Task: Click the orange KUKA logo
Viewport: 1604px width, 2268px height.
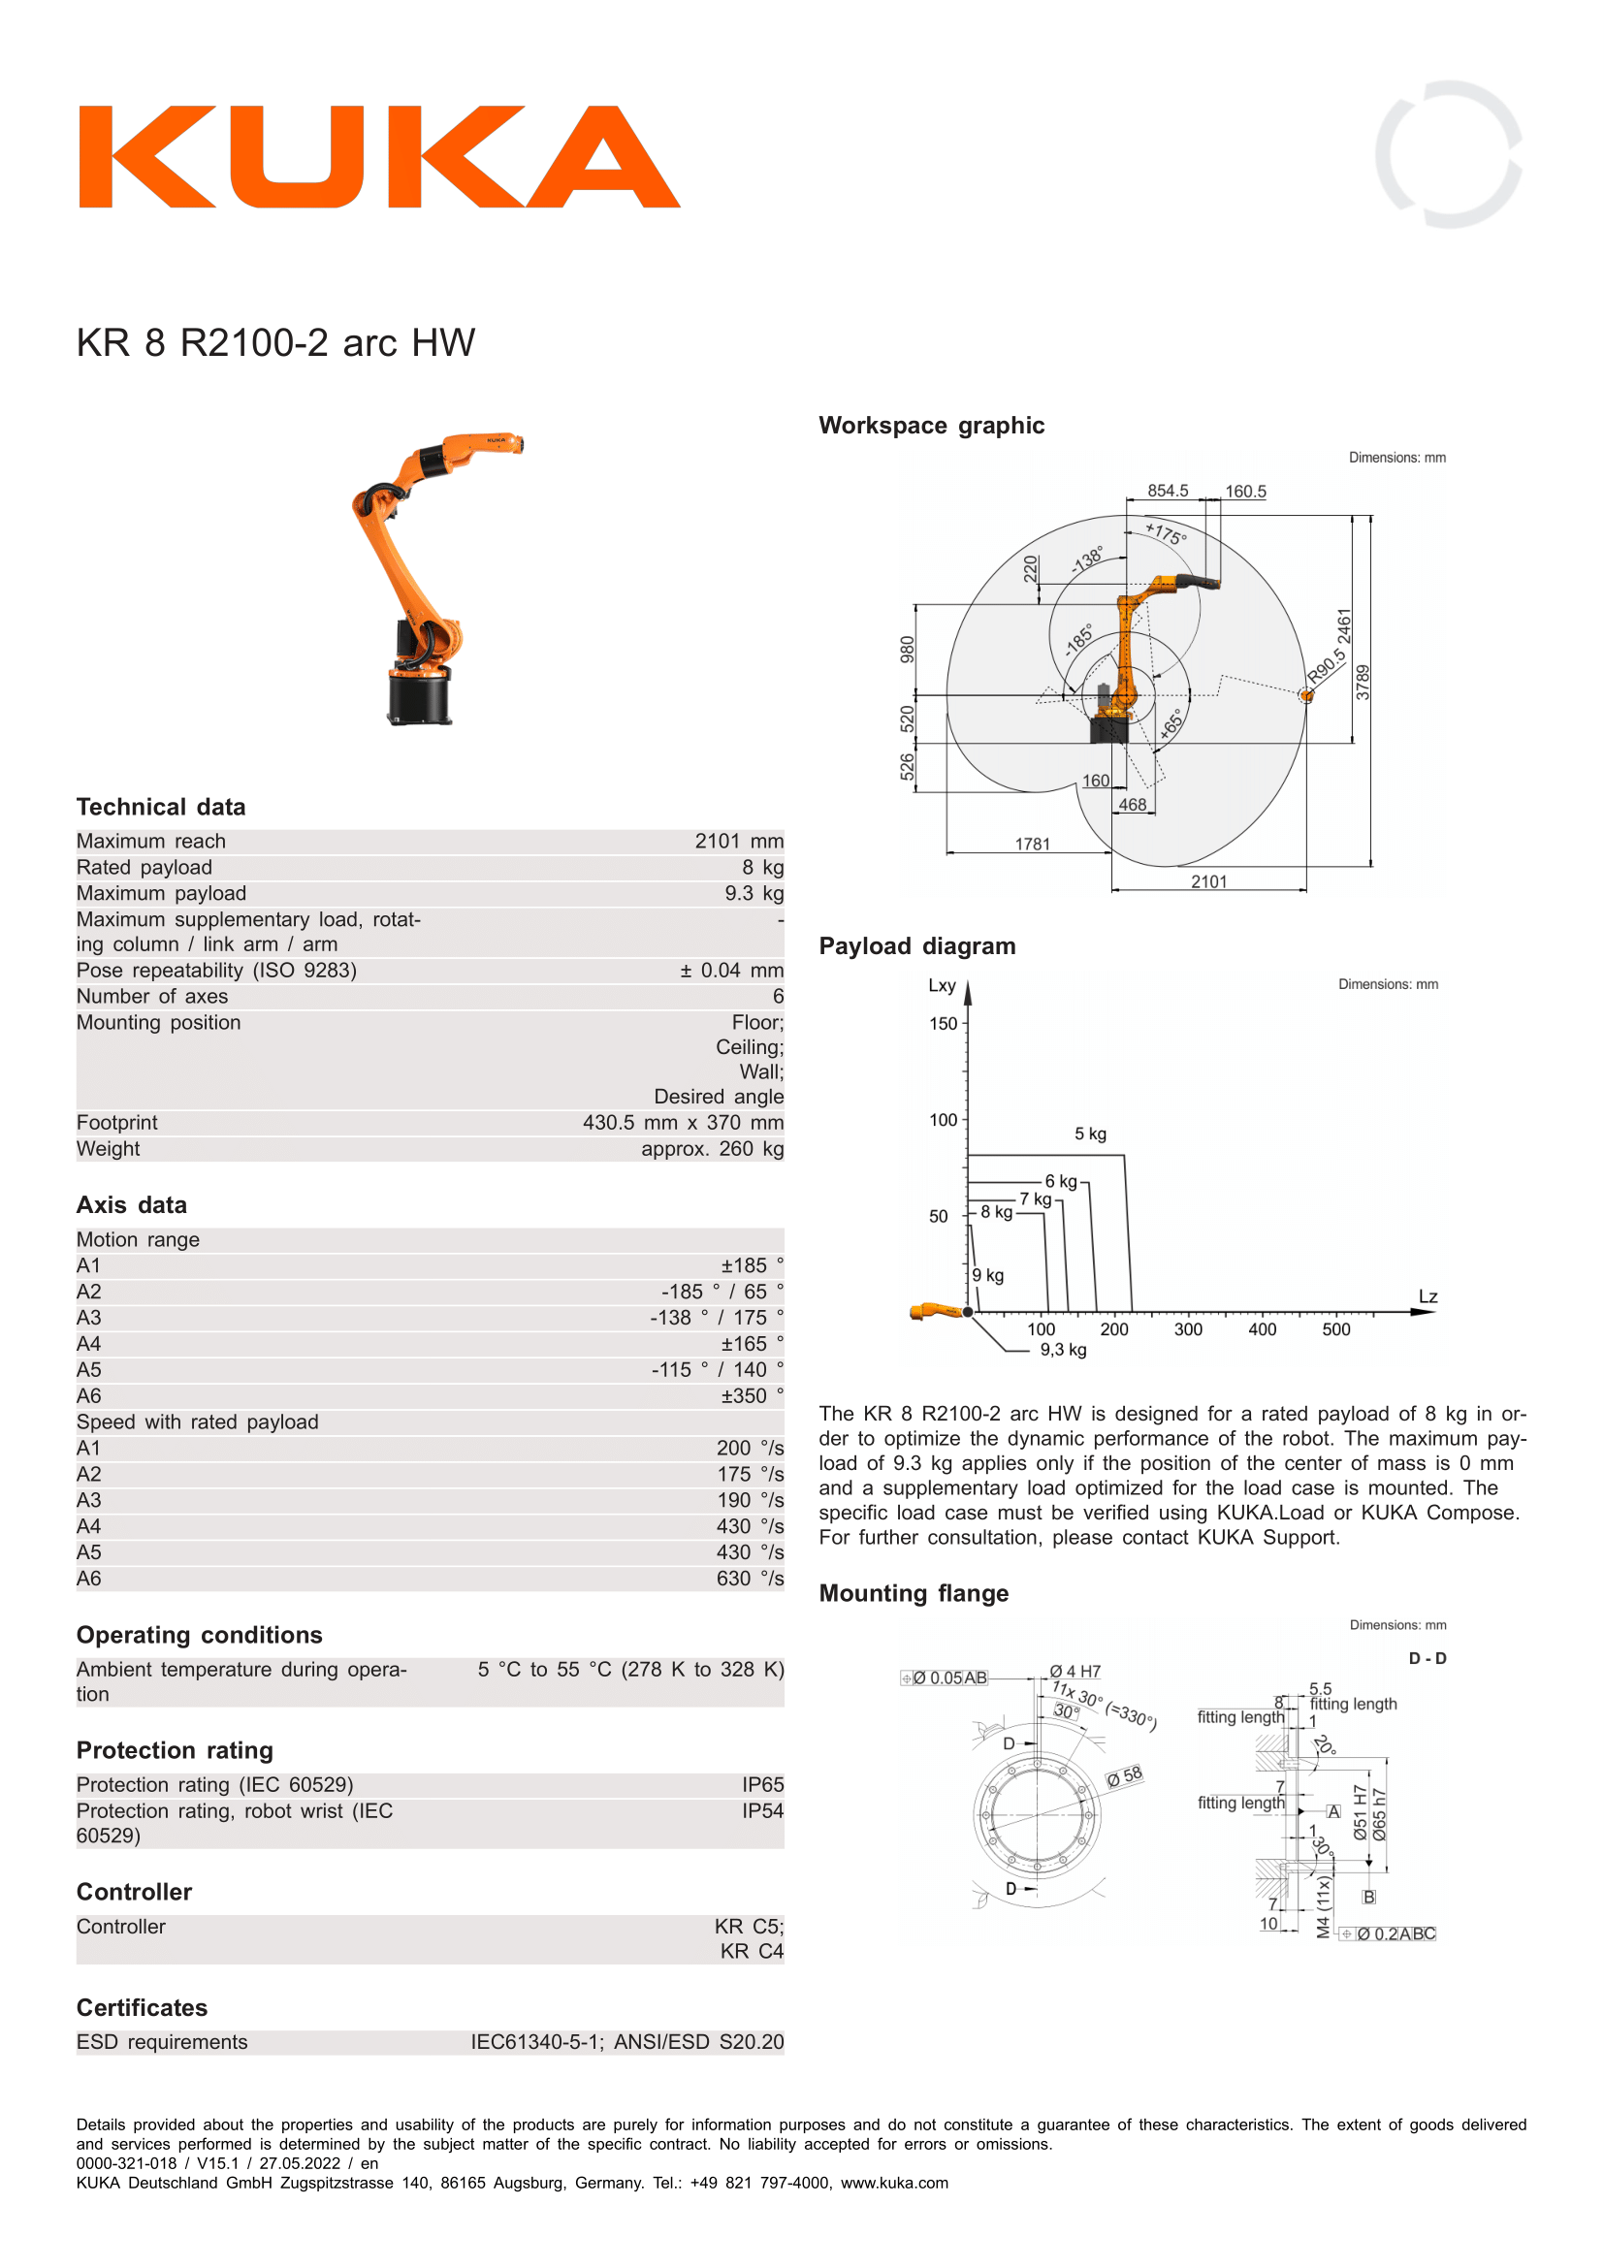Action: click(x=379, y=157)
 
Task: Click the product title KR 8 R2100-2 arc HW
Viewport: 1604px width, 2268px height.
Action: click(x=275, y=342)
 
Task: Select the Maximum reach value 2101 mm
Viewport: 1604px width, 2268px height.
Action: click(x=739, y=841)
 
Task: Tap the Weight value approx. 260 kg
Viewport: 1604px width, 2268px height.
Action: click(x=712, y=1149)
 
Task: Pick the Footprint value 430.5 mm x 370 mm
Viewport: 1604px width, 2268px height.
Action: click(x=683, y=1122)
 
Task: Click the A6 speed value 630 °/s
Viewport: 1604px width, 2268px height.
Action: click(x=750, y=1579)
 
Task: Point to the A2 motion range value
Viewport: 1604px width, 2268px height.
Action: click(x=722, y=1291)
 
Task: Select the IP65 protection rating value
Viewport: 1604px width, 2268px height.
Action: click(x=762, y=1784)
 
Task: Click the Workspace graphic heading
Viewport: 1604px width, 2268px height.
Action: click(x=931, y=426)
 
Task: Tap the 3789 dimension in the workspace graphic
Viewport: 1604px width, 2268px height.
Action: click(x=1363, y=683)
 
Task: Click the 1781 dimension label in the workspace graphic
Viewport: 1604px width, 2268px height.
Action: click(x=1032, y=844)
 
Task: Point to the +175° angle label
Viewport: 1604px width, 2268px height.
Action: click(x=1167, y=533)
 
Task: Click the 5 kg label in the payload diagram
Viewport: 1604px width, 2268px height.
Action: click(x=1090, y=1134)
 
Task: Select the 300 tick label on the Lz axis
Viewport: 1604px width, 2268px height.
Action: click(x=1188, y=1329)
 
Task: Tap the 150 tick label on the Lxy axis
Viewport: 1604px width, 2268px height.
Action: click(x=944, y=1023)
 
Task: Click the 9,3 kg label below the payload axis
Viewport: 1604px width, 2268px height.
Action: click(x=1063, y=1350)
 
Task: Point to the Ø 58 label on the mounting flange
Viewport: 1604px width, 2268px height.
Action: click(x=1124, y=1775)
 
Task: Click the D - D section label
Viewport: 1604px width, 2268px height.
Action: click(x=1428, y=1658)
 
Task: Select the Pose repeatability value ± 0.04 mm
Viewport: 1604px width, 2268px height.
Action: click(x=732, y=970)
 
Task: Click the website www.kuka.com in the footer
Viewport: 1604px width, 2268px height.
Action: click(x=894, y=2182)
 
